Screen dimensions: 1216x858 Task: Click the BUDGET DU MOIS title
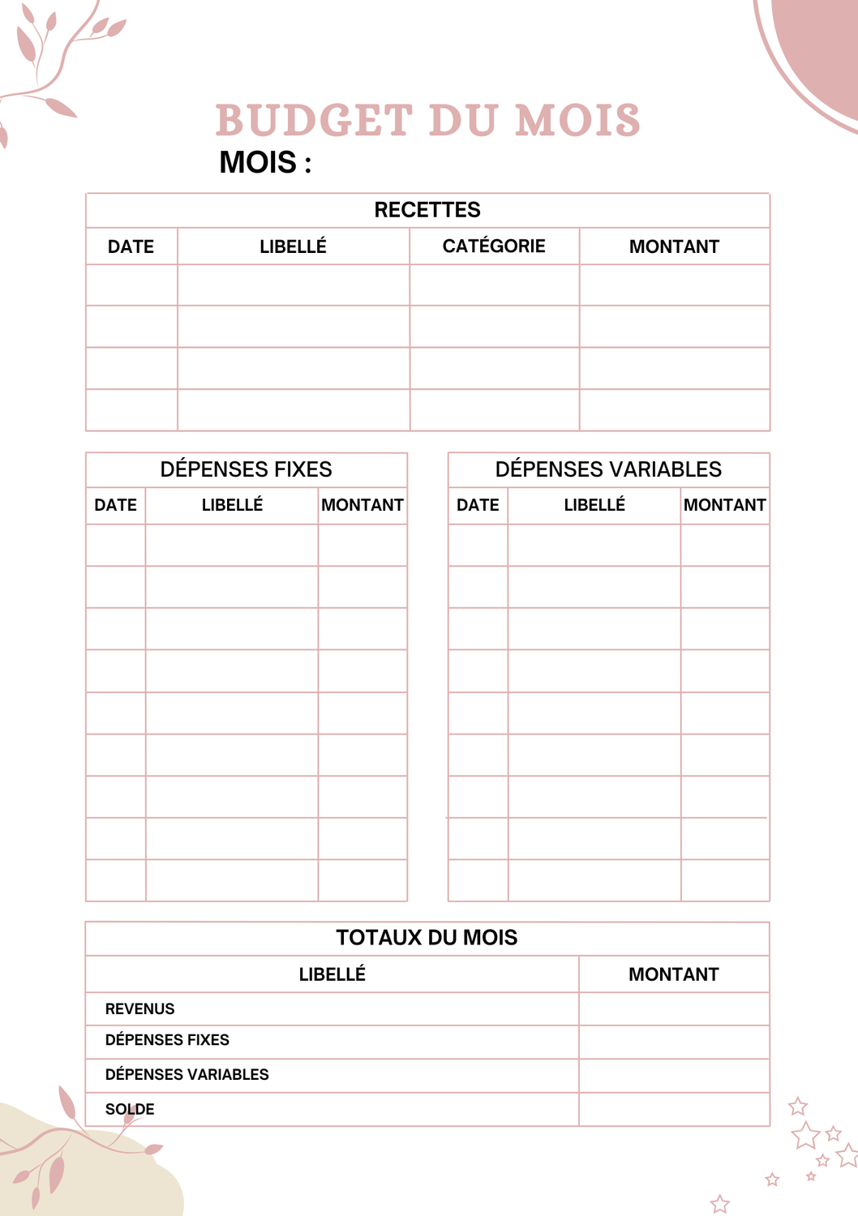pyautogui.click(x=427, y=120)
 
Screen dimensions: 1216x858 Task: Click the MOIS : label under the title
pyautogui.click(x=265, y=162)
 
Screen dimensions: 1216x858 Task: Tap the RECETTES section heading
pyautogui.click(x=427, y=210)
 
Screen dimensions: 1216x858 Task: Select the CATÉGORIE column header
pyautogui.click(x=494, y=246)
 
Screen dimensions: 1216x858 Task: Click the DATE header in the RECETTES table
pyautogui.click(x=131, y=246)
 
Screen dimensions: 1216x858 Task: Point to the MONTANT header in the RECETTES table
pyautogui.click(x=674, y=246)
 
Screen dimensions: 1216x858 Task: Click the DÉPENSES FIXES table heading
pyautogui.click(x=246, y=469)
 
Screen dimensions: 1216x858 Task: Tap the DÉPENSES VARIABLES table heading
pyautogui.click(x=608, y=469)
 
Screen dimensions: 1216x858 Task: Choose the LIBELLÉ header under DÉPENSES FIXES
pyautogui.click(x=232, y=505)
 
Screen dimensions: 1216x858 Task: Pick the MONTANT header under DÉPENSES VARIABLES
pyautogui.click(x=724, y=505)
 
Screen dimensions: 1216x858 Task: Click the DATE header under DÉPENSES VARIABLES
pyautogui.click(x=478, y=505)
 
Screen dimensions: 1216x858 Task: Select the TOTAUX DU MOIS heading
pyautogui.click(x=427, y=938)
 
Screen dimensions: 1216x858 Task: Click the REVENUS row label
pyautogui.click(x=139, y=1008)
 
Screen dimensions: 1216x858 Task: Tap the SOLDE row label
pyautogui.click(x=130, y=1109)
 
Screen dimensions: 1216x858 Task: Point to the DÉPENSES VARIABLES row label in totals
pyautogui.click(x=187, y=1074)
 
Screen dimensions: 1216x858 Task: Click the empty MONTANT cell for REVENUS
pyautogui.click(x=674, y=1008)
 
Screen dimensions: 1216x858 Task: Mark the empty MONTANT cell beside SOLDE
pyautogui.click(x=674, y=1109)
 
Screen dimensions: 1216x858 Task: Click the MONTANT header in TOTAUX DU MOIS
pyautogui.click(x=673, y=974)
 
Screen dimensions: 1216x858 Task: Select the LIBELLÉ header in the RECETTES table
pyautogui.click(x=293, y=246)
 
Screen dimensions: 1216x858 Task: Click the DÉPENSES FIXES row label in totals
pyautogui.click(x=167, y=1040)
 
